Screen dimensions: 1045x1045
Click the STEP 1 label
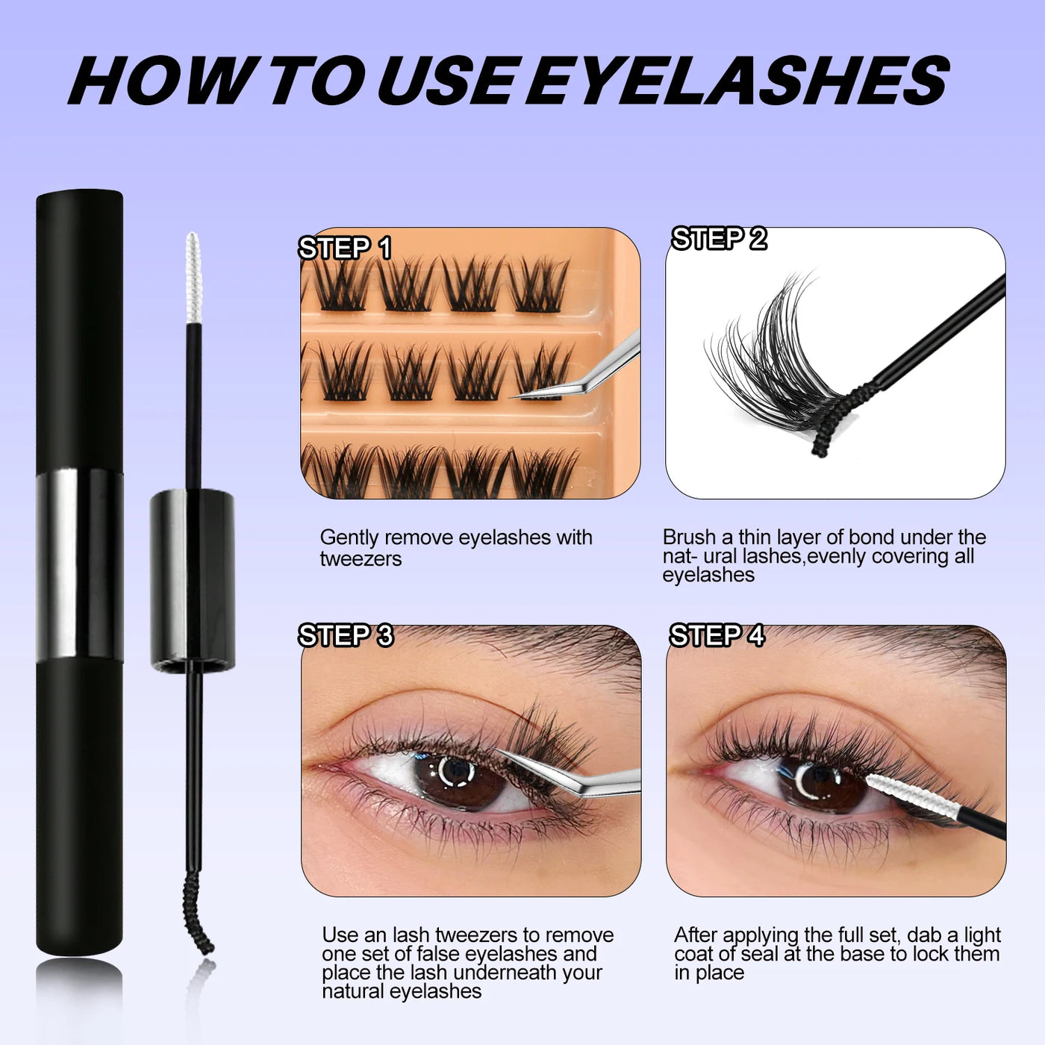coord(345,249)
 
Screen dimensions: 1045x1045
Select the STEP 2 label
coord(719,239)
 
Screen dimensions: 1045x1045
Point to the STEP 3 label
coord(346,636)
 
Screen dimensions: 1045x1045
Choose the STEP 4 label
coord(717,636)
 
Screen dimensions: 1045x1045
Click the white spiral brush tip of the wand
coord(193,276)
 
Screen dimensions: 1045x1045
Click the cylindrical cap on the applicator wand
coord(193,578)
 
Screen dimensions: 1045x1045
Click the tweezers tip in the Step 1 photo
coord(522,394)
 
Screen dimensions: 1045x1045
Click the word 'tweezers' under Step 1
coord(361,559)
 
